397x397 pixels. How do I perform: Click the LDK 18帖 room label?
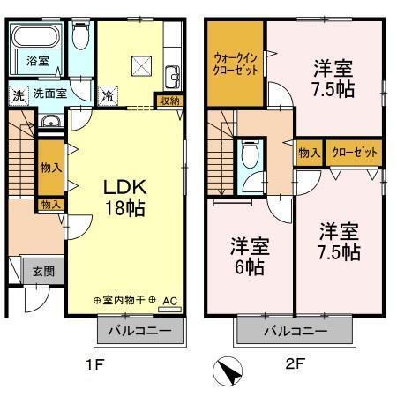125,198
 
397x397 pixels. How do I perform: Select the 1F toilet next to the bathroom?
82,37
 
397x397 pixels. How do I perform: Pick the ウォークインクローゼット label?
236,64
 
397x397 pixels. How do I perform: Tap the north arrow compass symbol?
227,372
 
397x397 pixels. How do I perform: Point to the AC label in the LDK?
170,301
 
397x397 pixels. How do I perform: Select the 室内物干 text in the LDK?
126,301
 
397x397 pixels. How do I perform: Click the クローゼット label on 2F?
355,153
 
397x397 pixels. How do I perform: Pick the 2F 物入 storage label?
310,153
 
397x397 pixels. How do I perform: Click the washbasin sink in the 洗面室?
49,122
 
